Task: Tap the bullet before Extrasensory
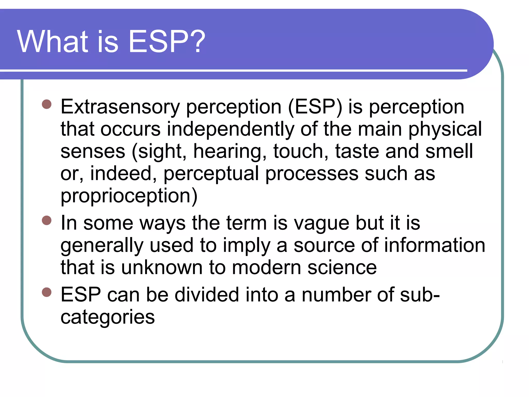point(47,104)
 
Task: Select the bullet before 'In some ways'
point(47,220)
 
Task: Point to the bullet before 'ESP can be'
point(47,292)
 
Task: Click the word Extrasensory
point(120,107)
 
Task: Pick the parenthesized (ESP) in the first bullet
point(315,107)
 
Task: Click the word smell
point(449,151)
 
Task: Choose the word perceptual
point(211,174)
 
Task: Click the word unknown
point(162,268)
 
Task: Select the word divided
point(207,295)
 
